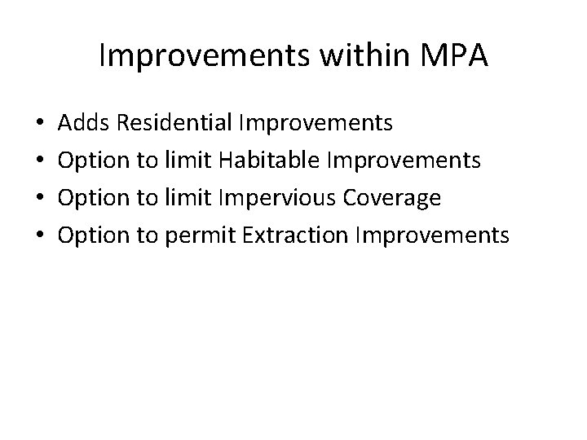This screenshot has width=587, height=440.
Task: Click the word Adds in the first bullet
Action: coord(86,123)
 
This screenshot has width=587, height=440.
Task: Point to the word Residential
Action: coord(174,123)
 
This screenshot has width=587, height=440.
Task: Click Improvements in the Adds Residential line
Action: coord(315,124)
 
